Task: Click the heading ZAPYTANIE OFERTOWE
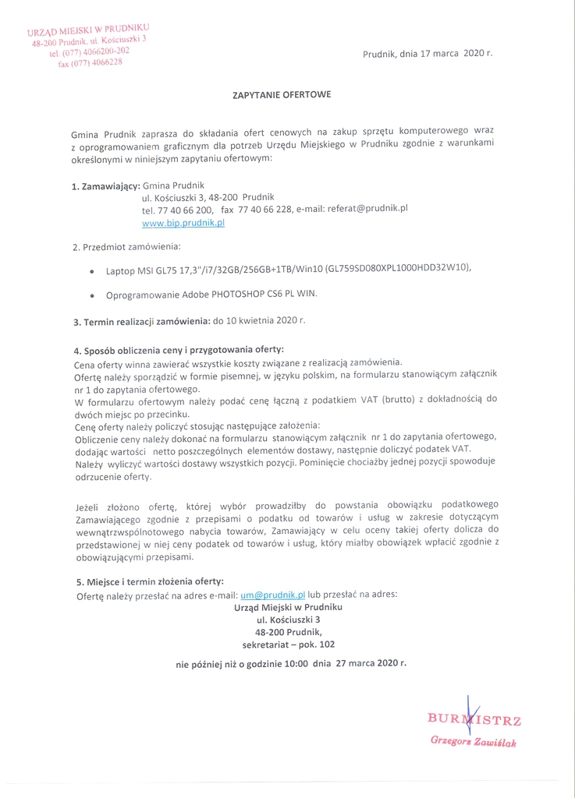282,94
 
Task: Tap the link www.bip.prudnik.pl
183,223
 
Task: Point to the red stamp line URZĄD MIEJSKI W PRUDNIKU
87,31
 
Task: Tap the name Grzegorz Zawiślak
473,740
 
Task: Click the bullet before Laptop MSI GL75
93,270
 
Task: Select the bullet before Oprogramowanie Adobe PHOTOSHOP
93,296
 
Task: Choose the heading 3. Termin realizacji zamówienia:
141,321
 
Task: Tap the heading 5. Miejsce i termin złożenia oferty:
150,581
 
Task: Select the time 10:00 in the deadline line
295,664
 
